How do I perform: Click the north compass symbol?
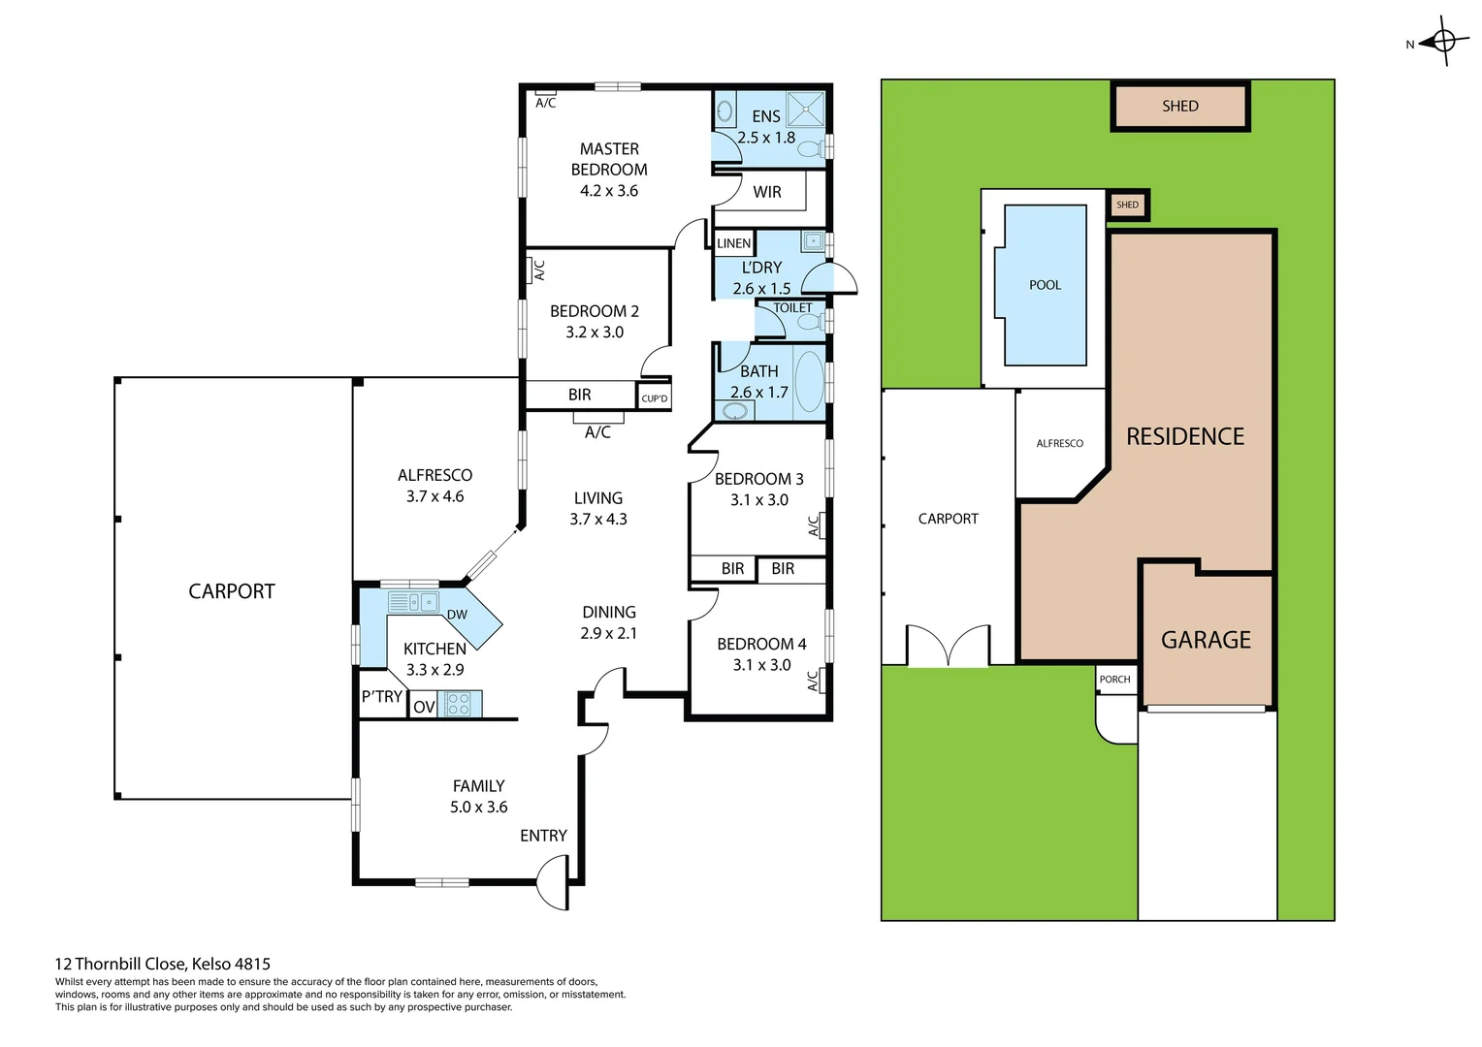tap(1443, 41)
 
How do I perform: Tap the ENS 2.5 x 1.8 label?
tap(765, 127)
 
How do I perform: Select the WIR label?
tap(766, 192)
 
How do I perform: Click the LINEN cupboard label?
tap(733, 243)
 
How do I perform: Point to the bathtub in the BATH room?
tap(808, 382)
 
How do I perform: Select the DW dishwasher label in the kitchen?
tap(457, 615)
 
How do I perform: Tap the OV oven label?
tap(424, 707)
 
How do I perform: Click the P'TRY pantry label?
tap(381, 696)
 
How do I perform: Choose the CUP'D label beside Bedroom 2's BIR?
tap(655, 398)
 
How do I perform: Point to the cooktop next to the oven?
tap(459, 704)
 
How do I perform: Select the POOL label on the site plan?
tap(1045, 285)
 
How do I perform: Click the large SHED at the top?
tap(1179, 107)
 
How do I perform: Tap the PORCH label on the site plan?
tap(1114, 680)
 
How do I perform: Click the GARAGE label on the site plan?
tap(1206, 640)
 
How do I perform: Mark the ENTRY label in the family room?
tap(543, 836)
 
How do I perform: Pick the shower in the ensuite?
tap(805, 110)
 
